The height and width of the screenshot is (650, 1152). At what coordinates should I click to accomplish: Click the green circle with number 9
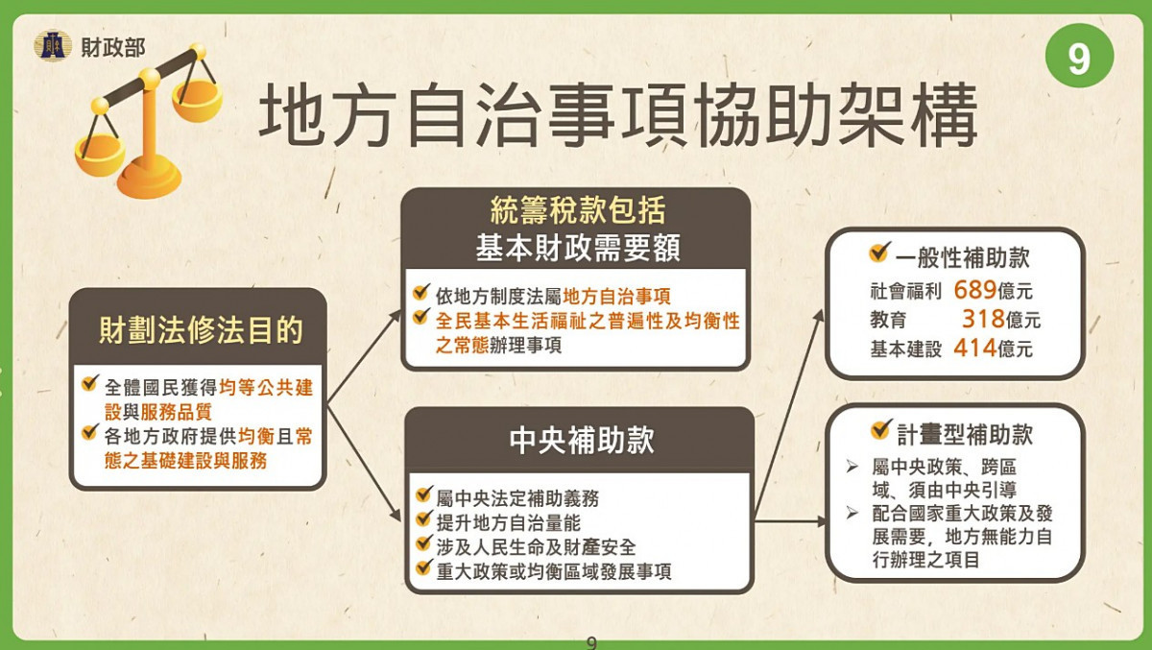tap(1080, 57)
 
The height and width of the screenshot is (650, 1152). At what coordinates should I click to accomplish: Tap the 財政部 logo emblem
tap(53, 45)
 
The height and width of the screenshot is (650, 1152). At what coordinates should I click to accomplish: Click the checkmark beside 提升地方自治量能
tap(422, 522)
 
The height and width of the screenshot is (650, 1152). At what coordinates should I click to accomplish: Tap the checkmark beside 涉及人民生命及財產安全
tap(422, 546)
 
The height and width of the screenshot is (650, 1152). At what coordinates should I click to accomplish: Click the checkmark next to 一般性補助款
tap(877, 254)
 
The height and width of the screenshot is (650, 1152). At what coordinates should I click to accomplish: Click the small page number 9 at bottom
tap(591, 642)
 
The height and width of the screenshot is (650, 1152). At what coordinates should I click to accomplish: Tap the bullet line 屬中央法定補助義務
tap(518, 499)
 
